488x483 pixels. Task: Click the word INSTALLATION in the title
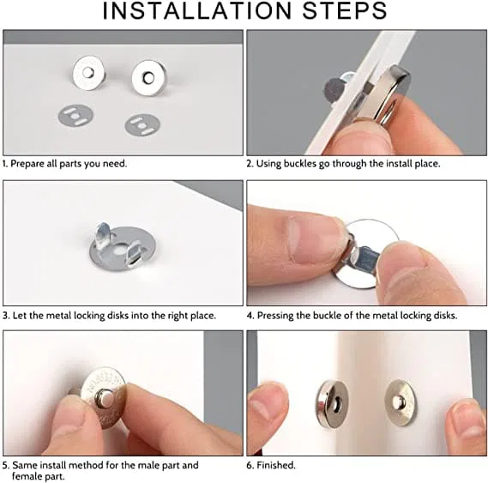196,11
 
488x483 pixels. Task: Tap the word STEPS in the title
344,11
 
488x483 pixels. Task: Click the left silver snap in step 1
88,73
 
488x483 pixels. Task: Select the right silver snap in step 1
149,78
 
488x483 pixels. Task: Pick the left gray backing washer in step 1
75,116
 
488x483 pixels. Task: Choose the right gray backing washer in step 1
142,125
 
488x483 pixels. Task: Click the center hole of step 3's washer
119,249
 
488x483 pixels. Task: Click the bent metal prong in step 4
364,257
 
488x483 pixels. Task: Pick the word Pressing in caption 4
275,316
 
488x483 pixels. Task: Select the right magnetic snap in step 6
401,402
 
